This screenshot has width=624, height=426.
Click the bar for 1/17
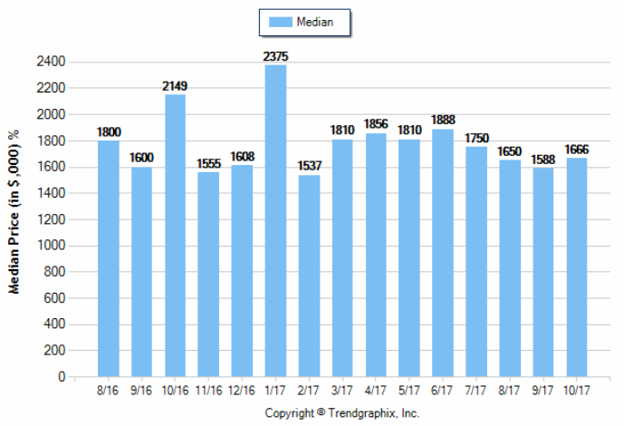click(x=276, y=220)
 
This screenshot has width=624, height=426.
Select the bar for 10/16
click(x=176, y=235)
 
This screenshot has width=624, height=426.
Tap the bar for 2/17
click(x=309, y=276)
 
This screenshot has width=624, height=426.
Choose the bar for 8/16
click(x=109, y=258)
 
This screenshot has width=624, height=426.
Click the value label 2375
click(x=276, y=57)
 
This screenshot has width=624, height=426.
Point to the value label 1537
click(x=309, y=167)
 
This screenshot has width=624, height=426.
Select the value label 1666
click(x=577, y=150)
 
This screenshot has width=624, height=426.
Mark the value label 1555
click(x=209, y=165)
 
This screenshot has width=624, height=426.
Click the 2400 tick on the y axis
click(x=52, y=63)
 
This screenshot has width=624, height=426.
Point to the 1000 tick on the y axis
click(x=52, y=246)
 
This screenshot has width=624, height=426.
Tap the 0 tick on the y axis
click(x=61, y=376)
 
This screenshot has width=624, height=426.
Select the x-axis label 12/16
click(x=243, y=392)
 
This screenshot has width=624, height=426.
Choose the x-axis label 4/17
click(x=376, y=392)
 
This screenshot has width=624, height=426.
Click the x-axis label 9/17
click(x=543, y=392)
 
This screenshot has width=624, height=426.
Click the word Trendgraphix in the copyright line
click(x=362, y=413)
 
